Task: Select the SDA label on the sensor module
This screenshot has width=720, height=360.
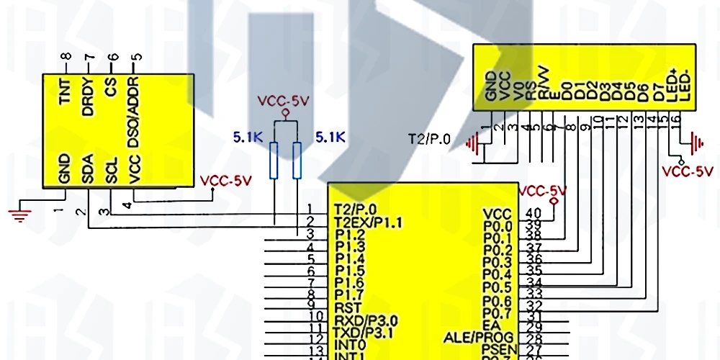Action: coord(88,170)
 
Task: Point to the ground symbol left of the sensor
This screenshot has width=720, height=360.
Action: coord(20,212)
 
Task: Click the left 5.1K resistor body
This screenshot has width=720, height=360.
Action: coord(274,160)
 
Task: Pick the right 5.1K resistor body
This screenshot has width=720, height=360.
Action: coord(297,160)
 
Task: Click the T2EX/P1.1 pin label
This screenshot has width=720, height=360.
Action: coord(368,221)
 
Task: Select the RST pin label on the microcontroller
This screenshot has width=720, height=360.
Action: coord(347,307)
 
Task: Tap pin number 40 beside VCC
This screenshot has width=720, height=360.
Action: coord(533,213)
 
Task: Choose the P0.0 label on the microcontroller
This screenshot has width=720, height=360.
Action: coord(497,226)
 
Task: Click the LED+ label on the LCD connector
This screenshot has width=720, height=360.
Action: coord(673,84)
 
